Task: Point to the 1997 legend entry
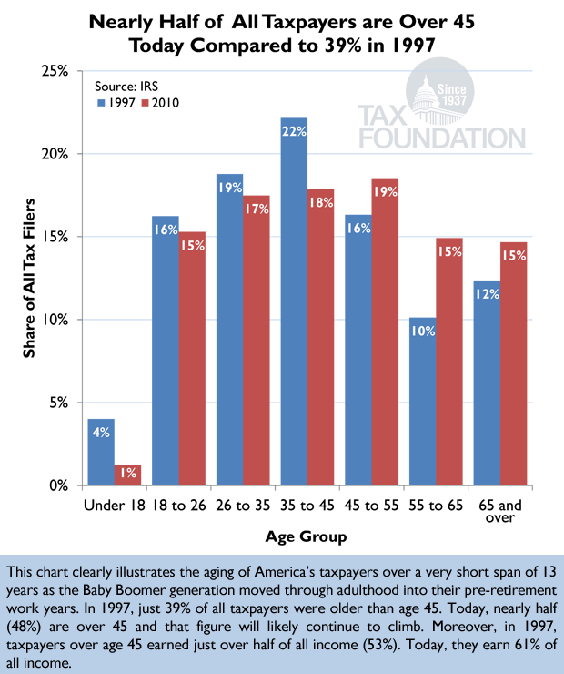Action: [115, 103]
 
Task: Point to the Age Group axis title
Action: [307, 537]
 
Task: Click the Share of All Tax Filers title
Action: [28, 277]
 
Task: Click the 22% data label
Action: [295, 133]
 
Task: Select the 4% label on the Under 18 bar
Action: [100, 434]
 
